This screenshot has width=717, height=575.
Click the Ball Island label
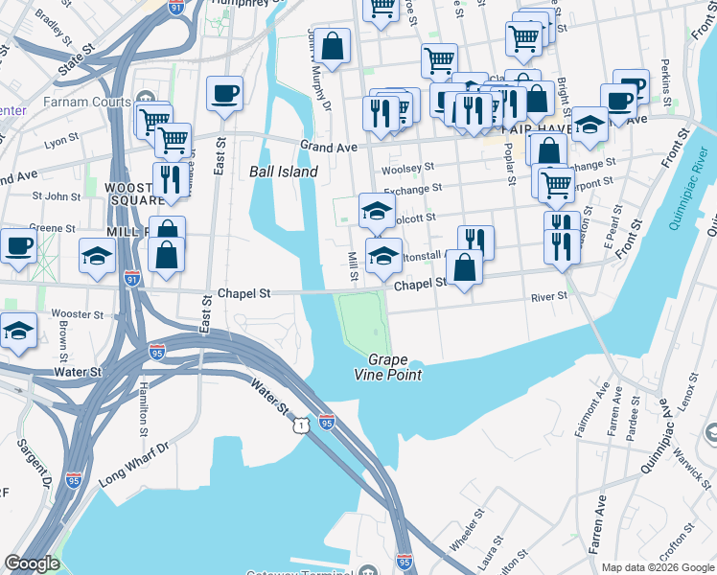click(283, 172)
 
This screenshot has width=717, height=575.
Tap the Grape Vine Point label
click(395, 368)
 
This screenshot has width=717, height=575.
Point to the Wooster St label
click(78, 314)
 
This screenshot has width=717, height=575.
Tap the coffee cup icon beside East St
click(225, 94)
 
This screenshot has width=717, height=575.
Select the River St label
click(549, 297)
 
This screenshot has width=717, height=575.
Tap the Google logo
click(33, 563)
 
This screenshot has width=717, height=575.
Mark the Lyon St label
click(60, 141)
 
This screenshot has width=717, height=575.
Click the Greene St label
click(52, 228)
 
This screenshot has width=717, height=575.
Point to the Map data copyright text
click(658, 566)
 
